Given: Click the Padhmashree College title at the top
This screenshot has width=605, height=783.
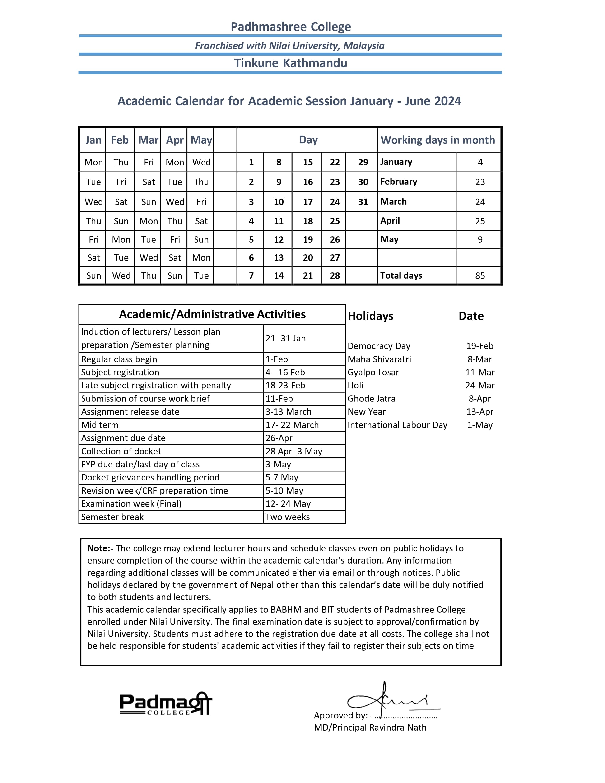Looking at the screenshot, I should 290,27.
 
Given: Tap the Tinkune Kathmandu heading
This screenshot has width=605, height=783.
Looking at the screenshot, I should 290,63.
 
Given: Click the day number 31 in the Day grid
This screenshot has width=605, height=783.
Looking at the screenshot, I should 363,202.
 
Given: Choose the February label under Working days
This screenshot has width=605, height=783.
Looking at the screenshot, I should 399,182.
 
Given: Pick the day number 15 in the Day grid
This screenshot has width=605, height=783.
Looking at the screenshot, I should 307,162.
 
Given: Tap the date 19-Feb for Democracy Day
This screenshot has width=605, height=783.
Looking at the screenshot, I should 479,346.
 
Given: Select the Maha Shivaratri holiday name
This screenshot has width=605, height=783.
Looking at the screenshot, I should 379,359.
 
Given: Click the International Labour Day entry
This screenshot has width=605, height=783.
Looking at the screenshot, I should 397,425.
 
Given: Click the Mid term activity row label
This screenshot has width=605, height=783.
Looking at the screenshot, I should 100,425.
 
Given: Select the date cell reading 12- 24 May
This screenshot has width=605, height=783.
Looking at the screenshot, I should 288,504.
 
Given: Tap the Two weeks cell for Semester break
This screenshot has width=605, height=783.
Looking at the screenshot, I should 288,517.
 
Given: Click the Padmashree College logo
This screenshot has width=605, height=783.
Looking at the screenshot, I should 166,704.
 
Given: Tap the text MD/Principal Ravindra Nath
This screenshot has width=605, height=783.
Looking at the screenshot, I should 370,727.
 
